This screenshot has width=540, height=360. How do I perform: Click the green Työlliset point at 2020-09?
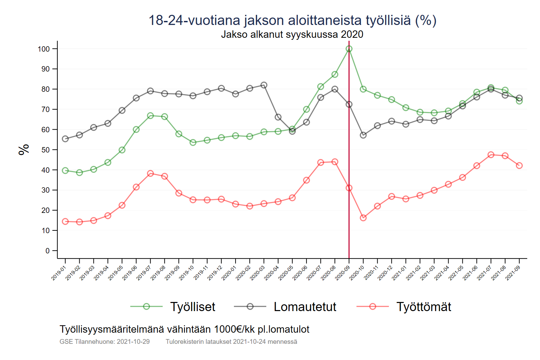click(349, 49)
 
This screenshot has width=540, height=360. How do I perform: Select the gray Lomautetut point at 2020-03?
click(264, 85)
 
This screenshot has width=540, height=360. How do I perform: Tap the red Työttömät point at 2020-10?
click(363, 218)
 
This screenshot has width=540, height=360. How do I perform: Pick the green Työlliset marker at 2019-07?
click(151, 116)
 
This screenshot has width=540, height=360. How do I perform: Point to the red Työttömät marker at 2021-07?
click(491, 155)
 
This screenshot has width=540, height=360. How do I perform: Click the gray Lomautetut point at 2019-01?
click(65, 139)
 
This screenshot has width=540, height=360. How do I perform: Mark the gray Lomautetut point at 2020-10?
click(363, 135)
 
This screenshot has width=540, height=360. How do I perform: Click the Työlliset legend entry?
click(192, 307)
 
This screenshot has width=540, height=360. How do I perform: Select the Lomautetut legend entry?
click(305, 307)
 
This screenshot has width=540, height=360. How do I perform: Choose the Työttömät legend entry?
click(424, 307)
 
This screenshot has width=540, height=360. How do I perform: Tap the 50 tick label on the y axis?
click(46, 150)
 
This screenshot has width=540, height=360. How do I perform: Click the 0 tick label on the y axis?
click(48, 251)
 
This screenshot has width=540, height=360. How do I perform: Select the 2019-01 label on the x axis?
click(59, 273)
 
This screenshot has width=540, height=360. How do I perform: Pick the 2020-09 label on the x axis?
click(342, 273)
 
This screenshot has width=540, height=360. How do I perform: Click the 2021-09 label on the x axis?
click(513, 273)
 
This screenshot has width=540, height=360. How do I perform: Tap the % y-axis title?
click(24, 149)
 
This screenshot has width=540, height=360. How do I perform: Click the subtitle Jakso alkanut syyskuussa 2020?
click(292, 34)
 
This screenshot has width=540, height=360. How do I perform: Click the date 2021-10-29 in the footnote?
click(133, 341)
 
